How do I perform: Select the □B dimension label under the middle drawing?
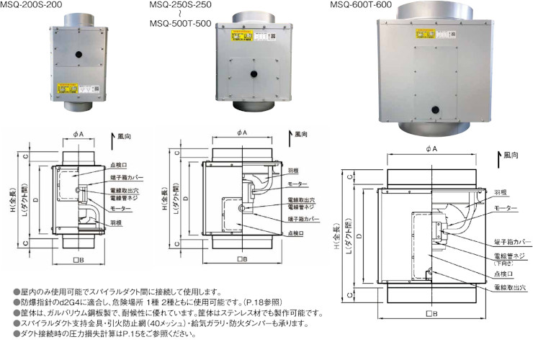pos(242,258)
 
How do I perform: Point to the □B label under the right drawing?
pos(430,313)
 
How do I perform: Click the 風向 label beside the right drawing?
pos(511,155)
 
